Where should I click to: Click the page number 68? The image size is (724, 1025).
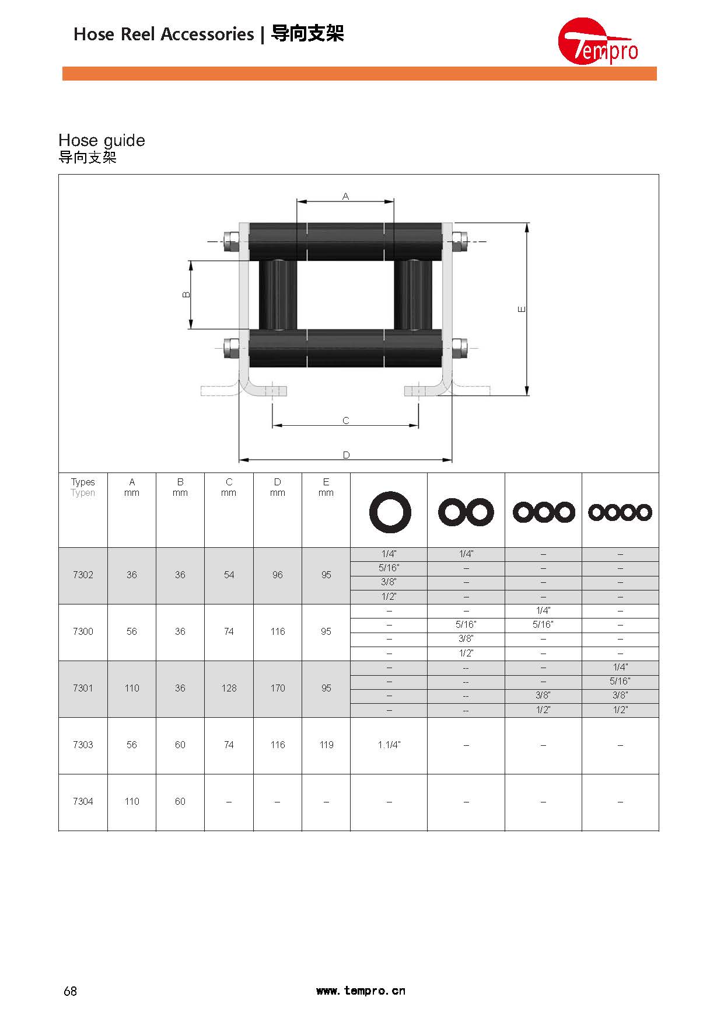click(x=70, y=991)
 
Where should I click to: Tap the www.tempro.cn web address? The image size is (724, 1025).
click(x=361, y=991)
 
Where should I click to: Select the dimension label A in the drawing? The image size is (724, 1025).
click(x=345, y=196)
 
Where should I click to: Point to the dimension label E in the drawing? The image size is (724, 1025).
click(x=522, y=309)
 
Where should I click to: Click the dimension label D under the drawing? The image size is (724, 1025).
click(x=346, y=455)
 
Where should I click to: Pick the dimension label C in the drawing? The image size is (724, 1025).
click(x=345, y=421)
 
